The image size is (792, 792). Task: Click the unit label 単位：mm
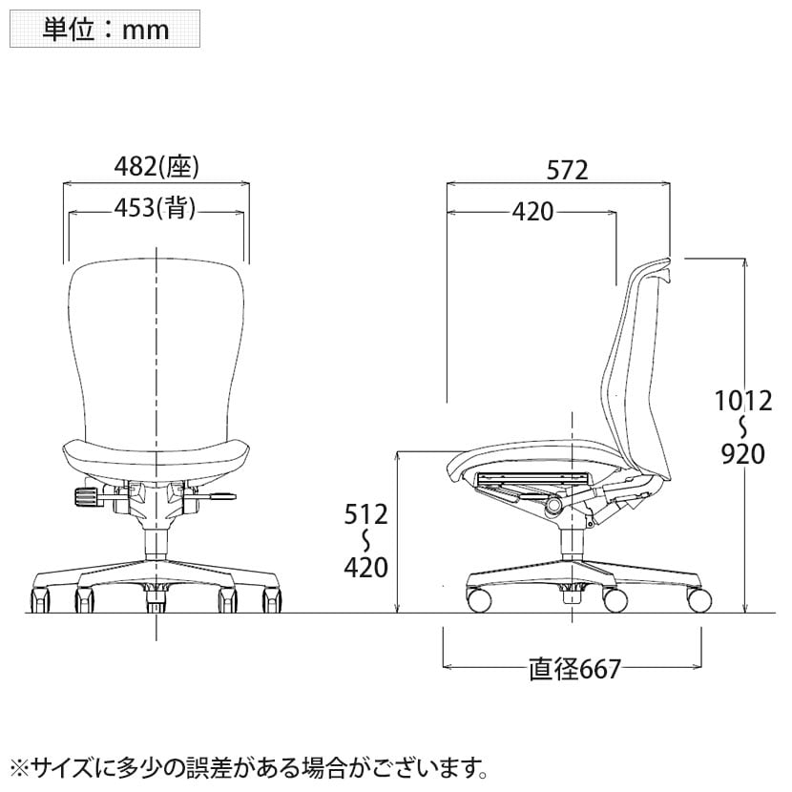click(x=105, y=30)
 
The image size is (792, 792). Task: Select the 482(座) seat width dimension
click(x=156, y=166)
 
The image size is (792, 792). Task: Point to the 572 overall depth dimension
click(x=567, y=170)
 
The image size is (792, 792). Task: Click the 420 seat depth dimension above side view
click(x=532, y=212)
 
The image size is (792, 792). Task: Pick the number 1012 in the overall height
click(x=743, y=401)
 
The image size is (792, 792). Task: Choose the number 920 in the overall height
click(x=743, y=453)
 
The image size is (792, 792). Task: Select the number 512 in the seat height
click(x=366, y=514)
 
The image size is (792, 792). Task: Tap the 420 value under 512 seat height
click(x=366, y=567)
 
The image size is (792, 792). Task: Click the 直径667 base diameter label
click(x=574, y=669)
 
